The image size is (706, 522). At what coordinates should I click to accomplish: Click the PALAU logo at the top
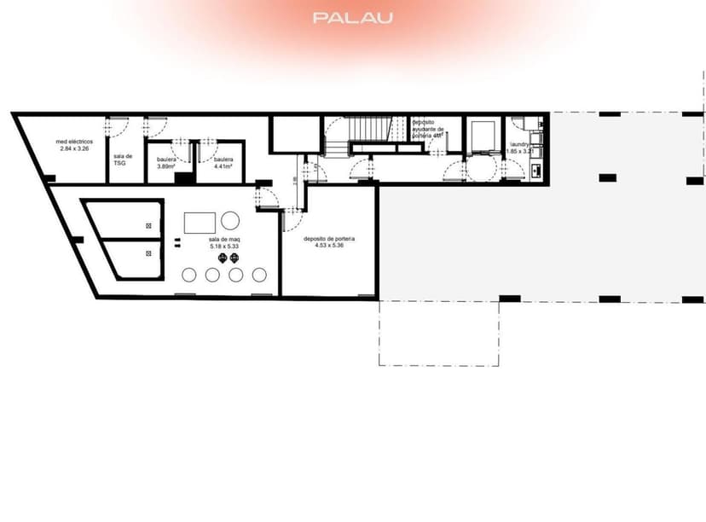click(x=352, y=17)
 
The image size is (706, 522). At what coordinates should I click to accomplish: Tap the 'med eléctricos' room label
click(x=74, y=142)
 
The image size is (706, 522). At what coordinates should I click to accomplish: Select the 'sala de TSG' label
click(x=123, y=159)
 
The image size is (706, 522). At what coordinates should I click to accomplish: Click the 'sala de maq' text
click(x=224, y=241)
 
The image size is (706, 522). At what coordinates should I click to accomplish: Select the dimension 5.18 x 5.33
click(x=224, y=247)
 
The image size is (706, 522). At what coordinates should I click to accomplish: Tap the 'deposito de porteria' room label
click(x=329, y=240)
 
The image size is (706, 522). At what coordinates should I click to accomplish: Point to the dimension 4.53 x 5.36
click(x=329, y=246)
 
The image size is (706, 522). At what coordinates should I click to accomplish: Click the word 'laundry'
click(x=520, y=145)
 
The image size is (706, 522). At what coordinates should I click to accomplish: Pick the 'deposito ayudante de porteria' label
click(x=426, y=129)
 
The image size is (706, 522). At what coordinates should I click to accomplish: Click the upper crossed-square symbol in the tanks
click(x=149, y=226)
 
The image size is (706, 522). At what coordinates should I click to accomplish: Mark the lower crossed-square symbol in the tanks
click(x=149, y=253)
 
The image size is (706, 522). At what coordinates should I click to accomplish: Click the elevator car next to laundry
click(x=480, y=136)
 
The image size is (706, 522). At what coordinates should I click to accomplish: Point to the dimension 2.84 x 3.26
click(x=74, y=149)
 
